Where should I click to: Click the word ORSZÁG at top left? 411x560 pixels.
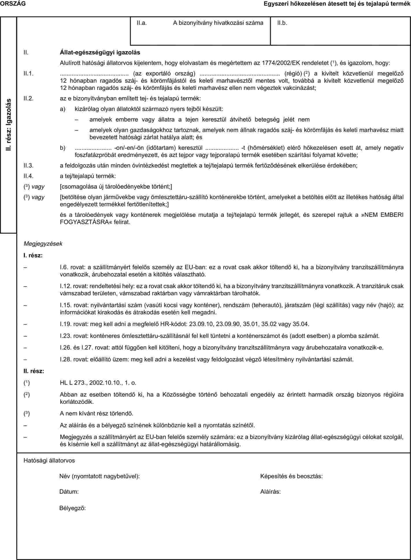(x=13, y=3)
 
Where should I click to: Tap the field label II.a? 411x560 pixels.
(x=142, y=23)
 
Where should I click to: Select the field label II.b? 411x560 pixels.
(x=282, y=23)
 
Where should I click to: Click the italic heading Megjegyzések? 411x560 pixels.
(x=43, y=244)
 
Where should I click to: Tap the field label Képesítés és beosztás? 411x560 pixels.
(x=291, y=476)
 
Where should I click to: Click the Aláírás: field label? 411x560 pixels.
(x=270, y=492)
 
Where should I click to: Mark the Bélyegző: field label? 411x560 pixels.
(x=72, y=508)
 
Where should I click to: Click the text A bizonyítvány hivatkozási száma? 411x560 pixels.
(x=218, y=23)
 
